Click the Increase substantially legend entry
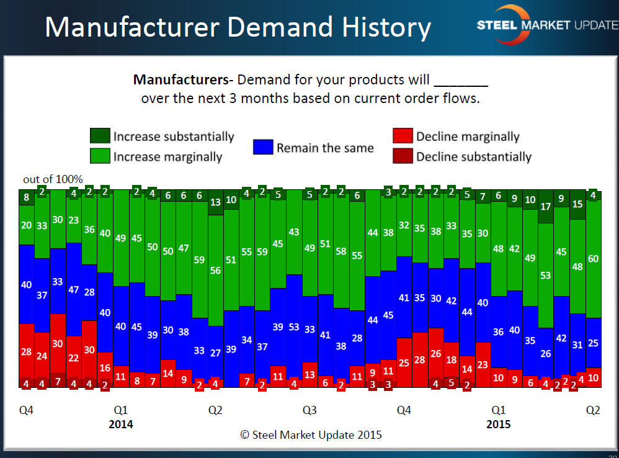(162, 137)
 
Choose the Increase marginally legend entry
(156, 156)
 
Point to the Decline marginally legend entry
(456, 137)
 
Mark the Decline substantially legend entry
(462, 156)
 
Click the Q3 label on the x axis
(309, 410)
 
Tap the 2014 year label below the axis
(121, 424)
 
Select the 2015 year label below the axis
(499, 424)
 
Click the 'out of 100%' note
(53, 179)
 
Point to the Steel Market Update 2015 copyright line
(311, 434)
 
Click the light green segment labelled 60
(593, 259)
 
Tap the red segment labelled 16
(105, 368)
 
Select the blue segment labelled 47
(74, 289)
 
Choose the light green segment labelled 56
(215, 271)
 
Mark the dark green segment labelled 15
(577, 204)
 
